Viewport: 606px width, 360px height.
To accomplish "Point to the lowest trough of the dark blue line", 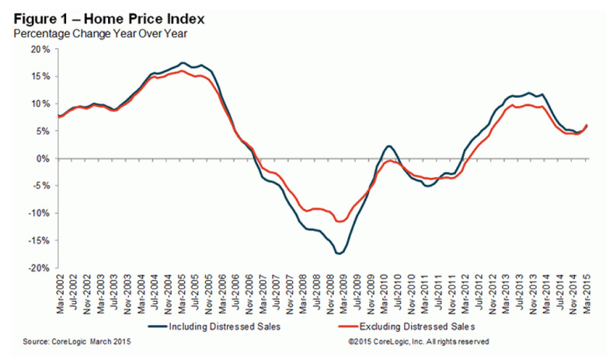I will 340,253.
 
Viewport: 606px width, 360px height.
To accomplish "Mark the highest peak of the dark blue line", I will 183,63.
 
